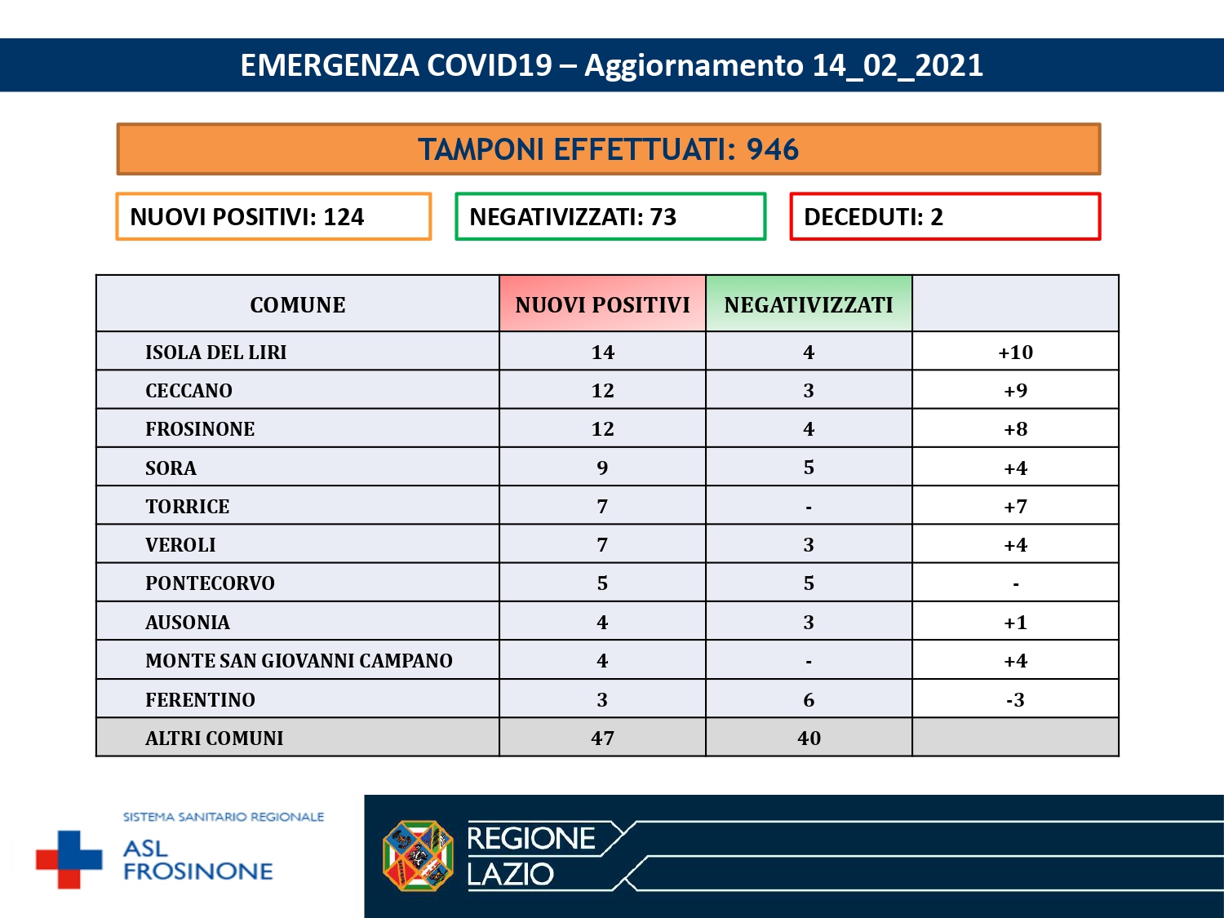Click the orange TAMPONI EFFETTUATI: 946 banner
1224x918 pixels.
[x=608, y=149]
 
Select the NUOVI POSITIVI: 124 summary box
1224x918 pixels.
[x=273, y=216]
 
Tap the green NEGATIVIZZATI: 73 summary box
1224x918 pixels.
[x=610, y=216]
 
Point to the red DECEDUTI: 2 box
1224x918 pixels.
[x=945, y=216]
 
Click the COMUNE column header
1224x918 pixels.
[x=298, y=304]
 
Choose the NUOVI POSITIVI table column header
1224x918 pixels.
[x=602, y=304]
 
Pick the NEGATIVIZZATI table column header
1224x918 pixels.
[x=809, y=304]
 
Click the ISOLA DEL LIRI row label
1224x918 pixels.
[x=216, y=352]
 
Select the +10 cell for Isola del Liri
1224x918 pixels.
[x=1015, y=352]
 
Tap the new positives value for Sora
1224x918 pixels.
[x=602, y=468]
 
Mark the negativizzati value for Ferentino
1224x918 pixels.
[x=809, y=699]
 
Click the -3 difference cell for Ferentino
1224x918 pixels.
[x=1015, y=699]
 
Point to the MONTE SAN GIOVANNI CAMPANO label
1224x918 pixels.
[x=299, y=660]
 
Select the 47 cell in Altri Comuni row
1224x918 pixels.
[x=602, y=738]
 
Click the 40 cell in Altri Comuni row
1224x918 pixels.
[x=809, y=738]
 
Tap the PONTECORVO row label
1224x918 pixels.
[x=210, y=583]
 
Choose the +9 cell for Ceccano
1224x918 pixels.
[x=1015, y=390]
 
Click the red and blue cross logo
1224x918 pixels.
[x=69, y=859]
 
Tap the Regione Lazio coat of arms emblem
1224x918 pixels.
[x=418, y=856]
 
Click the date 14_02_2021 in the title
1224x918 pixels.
[x=898, y=65]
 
